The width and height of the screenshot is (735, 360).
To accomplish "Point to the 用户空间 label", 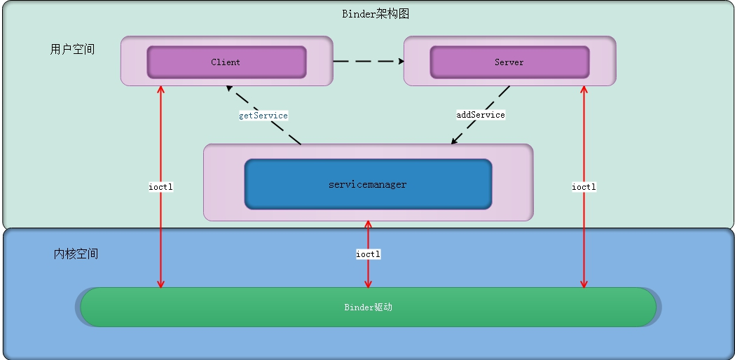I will [x=72, y=50].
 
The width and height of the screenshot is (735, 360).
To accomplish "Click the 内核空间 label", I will [x=76, y=254].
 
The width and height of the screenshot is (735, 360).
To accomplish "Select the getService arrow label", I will [x=263, y=115].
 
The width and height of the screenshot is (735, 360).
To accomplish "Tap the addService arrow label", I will [x=480, y=114].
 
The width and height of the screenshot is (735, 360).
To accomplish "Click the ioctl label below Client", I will [x=161, y=187].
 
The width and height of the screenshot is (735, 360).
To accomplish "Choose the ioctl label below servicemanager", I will [x=368, y=254].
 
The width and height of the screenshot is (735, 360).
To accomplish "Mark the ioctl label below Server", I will [x=584, y=187].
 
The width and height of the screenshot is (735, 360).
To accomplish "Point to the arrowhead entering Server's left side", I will [x=400, y=62].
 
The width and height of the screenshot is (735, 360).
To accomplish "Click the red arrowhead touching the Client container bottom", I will [x=161, y=90].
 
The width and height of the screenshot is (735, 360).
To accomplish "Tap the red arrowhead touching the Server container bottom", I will [x=584, y=90].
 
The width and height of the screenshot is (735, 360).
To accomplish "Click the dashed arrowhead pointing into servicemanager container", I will [x=454, y=141].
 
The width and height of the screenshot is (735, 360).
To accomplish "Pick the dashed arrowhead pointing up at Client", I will [x=229, y=89].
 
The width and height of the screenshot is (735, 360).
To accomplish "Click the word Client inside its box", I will [x=226, y=62].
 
